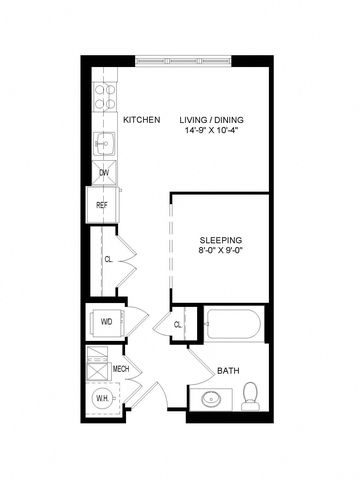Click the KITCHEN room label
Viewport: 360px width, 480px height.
[142, 120]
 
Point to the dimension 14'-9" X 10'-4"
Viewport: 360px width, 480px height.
[213, 130]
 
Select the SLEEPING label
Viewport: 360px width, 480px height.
[221, 240]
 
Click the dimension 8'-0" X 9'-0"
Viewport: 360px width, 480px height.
[219, 250]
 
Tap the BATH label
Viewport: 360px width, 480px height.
[228, 371]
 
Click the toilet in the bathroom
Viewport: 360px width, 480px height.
[251, 396]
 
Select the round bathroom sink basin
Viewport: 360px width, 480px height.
[211, 399]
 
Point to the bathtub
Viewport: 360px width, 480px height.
[233, 324]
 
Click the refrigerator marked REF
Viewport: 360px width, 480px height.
[102, 205]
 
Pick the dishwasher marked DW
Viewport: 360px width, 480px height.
[104, 173]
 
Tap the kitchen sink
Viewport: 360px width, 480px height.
[104, 144]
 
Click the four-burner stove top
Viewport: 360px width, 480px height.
[105, 97]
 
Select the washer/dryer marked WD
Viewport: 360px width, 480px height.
[107, 322]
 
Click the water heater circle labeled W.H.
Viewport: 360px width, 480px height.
[103, 398]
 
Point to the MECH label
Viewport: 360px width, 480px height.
[121, 369]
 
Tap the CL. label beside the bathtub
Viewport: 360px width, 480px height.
[178, 325]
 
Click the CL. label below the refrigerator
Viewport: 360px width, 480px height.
[109, 259]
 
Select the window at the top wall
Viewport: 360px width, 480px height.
[183, 61]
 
